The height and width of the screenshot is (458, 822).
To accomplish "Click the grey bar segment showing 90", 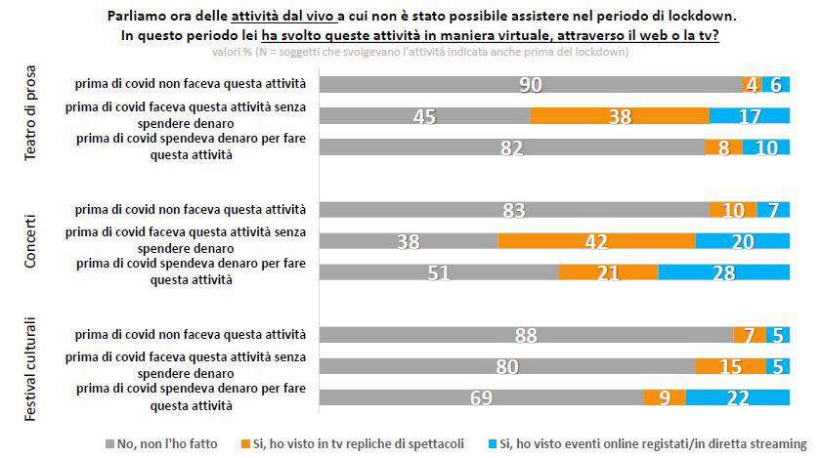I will [x=531, y=85].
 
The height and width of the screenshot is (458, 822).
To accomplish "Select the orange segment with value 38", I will [x=620, y=116].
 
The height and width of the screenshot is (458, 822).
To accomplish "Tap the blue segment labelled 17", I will [x=749, y=116].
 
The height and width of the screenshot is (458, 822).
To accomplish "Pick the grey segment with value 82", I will [x=512, y=147].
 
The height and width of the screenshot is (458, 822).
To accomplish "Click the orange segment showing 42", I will [x=596, y=240].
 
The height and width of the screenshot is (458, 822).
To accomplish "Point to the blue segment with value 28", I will [x=723, y=271].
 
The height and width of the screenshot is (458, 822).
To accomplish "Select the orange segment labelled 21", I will [x=608, y=271].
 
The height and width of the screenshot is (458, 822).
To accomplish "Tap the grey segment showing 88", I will [x=526, y=335].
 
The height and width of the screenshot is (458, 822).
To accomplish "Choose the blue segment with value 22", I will [x=737, y=397].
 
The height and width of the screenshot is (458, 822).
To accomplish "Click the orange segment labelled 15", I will [x=730, y=366].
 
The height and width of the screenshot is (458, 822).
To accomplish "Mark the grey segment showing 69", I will [x=482, y=397].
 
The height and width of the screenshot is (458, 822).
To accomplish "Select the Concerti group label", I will [x=33, y=240].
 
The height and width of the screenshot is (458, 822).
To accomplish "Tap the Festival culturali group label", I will [x=33, y=368].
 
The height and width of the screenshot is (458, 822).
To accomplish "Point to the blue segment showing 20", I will [x=742, y=240].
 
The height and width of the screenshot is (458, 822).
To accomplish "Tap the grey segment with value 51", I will [x=439, y=271].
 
